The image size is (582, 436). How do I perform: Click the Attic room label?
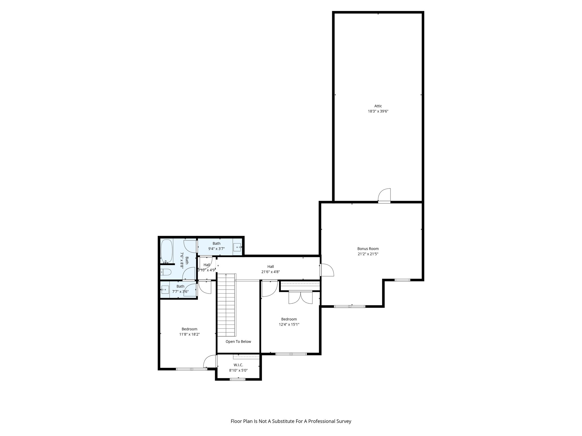point(378,106)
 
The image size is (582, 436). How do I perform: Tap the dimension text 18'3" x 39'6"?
point(378,112)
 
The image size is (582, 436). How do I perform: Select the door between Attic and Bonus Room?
point(384,196)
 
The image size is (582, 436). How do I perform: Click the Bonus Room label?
point(368,249)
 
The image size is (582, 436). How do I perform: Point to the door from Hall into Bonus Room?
point(327,270)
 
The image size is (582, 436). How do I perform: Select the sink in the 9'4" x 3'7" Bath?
point(237,247)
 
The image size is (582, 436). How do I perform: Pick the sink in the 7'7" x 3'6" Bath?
point(165,290)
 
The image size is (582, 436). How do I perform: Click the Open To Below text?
point(238,341)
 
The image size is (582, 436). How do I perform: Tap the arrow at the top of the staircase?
point(226,275)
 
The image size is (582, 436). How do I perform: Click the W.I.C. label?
point(238,365)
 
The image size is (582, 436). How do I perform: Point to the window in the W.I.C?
point(238,379)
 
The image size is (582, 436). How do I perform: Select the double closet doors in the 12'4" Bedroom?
point(300,297)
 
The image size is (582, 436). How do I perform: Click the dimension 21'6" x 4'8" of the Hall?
point(271,272)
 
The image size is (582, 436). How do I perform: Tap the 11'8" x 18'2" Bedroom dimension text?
point(189,334)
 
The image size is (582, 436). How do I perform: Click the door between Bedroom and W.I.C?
point(210,362)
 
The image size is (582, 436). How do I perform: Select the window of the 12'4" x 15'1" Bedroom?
point(291,354)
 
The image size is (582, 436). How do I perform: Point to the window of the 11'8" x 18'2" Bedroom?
point(192,369)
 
